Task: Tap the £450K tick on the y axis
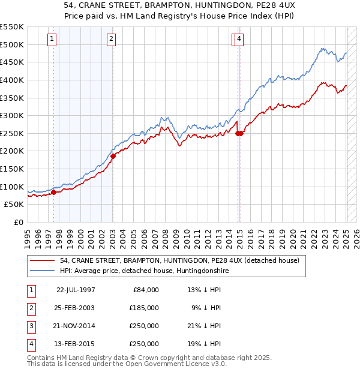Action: [x=12, y=62]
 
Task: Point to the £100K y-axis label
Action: [x=12, y=187]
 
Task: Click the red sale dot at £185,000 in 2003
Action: [x=113, y=156]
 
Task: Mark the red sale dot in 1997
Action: [x=53, y=192]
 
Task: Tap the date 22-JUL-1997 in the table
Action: [x=76, y=290]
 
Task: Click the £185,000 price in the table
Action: [x=144, y=308]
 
